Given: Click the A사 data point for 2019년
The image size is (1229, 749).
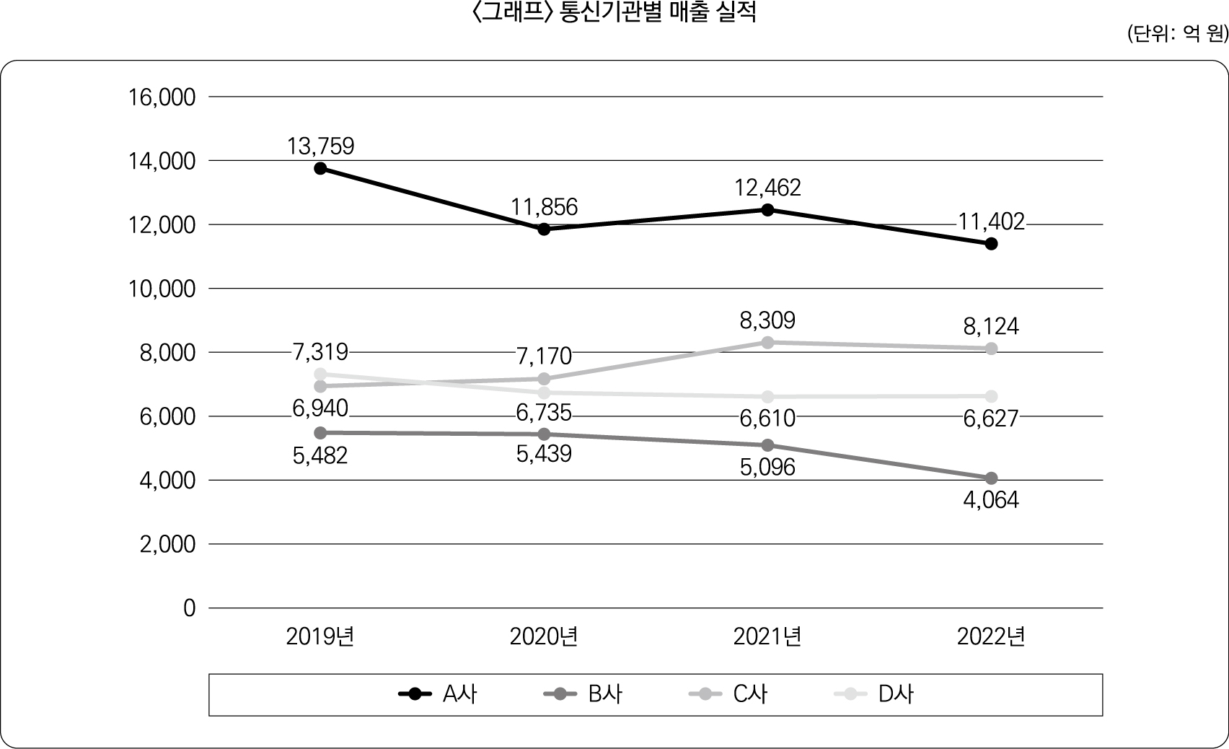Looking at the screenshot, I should [x=320, y=168].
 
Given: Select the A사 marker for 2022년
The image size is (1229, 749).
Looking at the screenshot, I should [x=991, y=244].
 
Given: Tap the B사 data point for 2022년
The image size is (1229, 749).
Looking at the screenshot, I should [x=991, y=478].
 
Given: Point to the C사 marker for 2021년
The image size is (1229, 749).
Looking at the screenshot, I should [x=767, y=343].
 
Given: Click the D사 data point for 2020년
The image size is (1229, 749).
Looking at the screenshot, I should [x=544, y=393].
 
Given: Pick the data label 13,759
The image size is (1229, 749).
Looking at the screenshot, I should [x=320, y=146].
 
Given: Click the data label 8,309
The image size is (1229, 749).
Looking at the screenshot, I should [x=767, y=320].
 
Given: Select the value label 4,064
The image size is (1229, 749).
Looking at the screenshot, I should [x=991, y=500].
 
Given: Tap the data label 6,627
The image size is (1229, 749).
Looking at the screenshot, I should [x=991, y=418].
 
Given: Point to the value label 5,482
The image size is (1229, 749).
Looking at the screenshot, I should [x=320, y=455].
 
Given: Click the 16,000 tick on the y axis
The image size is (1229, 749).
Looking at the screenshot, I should [x=162, y=97].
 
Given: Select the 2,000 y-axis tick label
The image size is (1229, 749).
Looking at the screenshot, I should [x=167, y=544].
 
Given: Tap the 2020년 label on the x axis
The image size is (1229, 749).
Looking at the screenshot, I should [x=544, y=637].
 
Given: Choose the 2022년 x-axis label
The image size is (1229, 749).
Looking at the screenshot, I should [x=991, y=637].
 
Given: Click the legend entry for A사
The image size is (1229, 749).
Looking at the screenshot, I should [x=438, y=694].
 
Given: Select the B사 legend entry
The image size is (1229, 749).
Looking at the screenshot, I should [x=583, y=694].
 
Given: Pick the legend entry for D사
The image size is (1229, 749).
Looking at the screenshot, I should [x=874, y=694].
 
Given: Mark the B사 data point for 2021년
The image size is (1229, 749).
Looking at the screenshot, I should [x=767, y=445].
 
